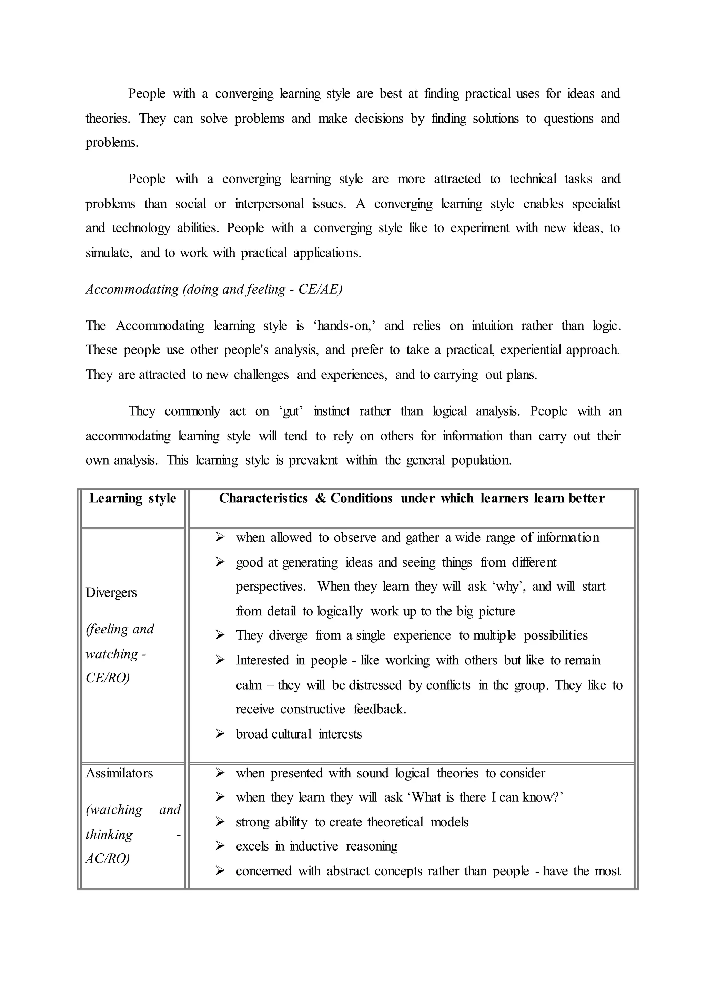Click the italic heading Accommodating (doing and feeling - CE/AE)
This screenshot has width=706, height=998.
[214, 289]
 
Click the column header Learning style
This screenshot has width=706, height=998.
[133, 498]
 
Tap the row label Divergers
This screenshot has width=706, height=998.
[111, 592]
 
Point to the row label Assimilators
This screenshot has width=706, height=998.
[119, 773]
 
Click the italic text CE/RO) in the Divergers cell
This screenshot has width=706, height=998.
[107, 678]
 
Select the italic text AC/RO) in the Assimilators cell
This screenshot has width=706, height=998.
[107, 858]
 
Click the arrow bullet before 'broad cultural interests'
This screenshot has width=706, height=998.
[220, 734]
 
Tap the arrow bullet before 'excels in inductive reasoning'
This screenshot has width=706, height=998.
[220, 846]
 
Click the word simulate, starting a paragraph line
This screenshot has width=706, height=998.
[109, 253]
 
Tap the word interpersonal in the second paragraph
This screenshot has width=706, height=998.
[270, 204]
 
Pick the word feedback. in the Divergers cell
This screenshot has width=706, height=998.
[380, 709]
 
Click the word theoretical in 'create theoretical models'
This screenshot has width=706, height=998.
[395, 822]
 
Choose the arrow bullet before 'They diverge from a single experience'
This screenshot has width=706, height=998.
[220, 635]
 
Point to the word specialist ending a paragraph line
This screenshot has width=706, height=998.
[596, 204]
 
